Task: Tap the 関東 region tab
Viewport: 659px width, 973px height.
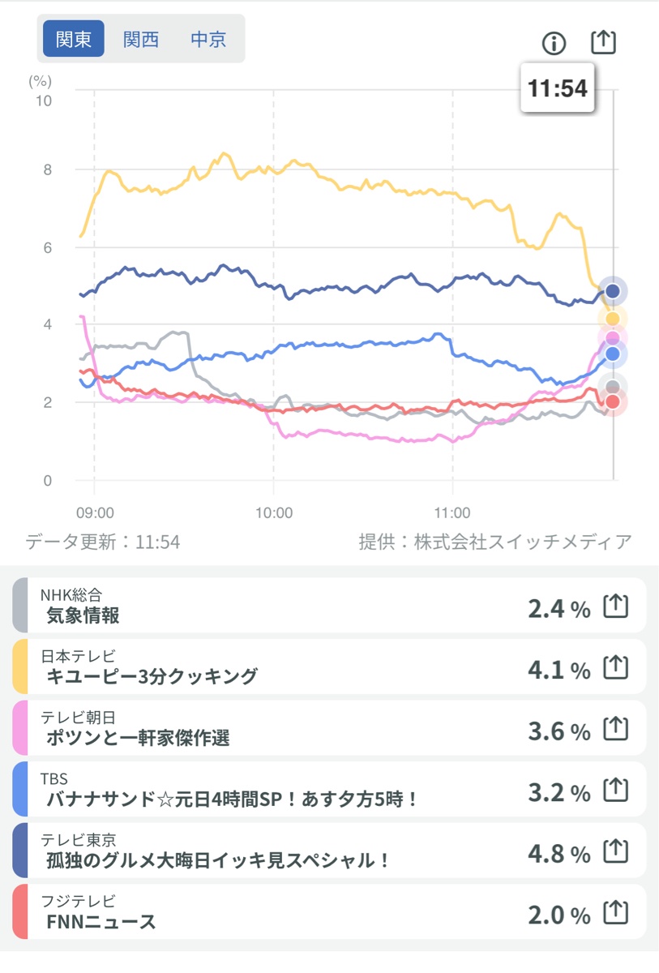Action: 74,39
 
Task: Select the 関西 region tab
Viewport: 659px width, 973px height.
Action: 141,39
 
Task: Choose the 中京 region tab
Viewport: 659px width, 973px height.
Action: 208,39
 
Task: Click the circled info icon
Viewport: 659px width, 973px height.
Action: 554,43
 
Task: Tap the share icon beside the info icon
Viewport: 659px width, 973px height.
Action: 603,42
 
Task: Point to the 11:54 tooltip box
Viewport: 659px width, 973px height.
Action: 558,88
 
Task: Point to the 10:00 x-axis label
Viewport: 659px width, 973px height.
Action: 273,512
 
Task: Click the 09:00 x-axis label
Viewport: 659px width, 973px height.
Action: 95,512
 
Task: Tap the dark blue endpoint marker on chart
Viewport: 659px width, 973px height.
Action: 613,290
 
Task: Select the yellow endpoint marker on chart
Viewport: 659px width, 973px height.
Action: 613,319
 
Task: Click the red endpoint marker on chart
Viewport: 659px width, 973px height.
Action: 613,402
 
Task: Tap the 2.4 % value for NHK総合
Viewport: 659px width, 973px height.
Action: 558,609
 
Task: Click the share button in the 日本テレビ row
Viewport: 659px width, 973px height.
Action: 616,668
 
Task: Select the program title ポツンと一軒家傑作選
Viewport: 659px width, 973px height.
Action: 139,738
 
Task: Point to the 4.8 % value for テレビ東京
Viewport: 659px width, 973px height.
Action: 558,854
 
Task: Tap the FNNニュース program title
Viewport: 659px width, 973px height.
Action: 101,921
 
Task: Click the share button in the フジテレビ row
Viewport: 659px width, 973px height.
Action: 616,914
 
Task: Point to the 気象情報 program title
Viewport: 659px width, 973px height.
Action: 83,615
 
